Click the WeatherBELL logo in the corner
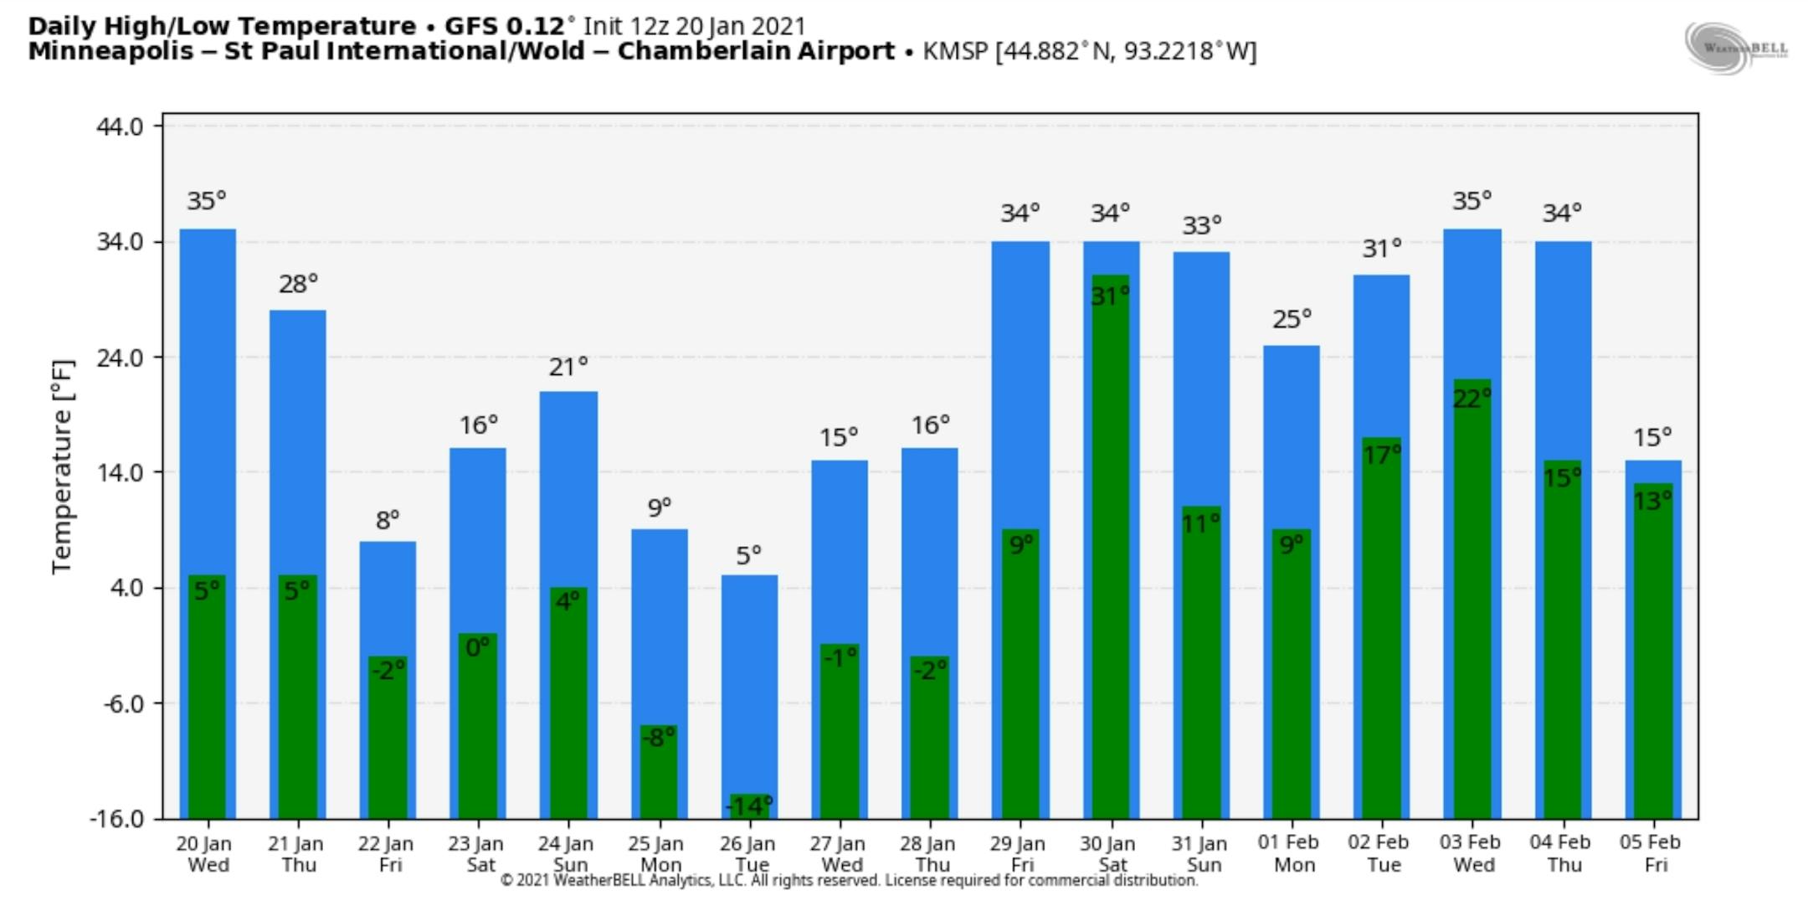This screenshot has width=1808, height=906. tap(1736, 48)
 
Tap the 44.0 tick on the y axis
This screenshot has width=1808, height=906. tap(120, 126)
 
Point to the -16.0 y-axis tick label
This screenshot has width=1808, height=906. tap(116, 818)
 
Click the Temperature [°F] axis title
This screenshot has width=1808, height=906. tap(62, 466)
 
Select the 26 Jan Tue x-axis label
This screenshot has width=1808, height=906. tap(748, 853)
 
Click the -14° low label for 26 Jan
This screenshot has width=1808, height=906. tap(748, 806)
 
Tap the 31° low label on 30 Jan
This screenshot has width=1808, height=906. tap(1110, 296)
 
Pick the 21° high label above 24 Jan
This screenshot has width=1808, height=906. tap(568, 367)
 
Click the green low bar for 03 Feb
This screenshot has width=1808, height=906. tap(1472, 603)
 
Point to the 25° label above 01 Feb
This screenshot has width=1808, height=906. tap(1292, 319)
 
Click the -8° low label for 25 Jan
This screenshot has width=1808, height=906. tap(659, 737)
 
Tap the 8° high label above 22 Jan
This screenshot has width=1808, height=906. tap(388, 521)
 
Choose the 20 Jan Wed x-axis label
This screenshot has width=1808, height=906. tap(204, 853)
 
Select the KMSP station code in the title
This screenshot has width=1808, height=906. tap(955, 51)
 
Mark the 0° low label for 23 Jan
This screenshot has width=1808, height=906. tap(477, 647)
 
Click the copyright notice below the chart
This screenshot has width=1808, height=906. tap(849, 880)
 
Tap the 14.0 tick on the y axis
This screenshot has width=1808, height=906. tap(120, 472)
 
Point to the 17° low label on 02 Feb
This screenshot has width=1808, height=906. tap(1381, 455)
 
